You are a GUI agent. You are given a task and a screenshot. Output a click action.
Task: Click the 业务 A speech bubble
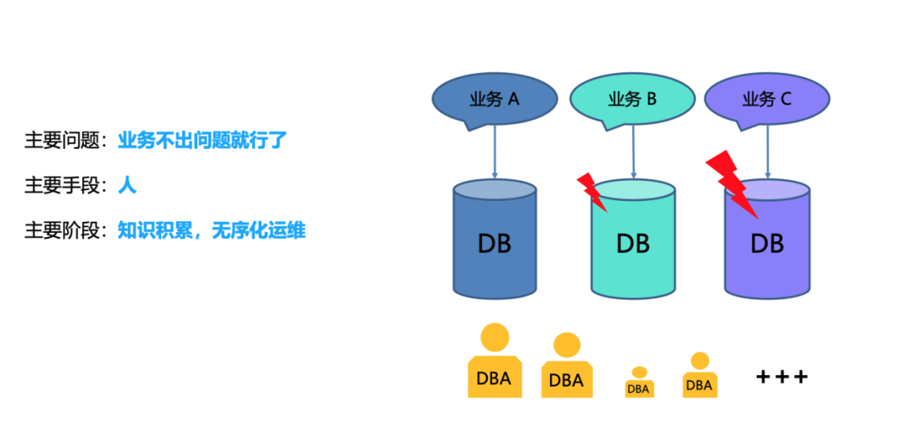pyautogui.click(x=495, y=99)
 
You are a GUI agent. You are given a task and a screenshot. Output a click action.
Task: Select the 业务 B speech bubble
pyautogui.click(x=632, y=99)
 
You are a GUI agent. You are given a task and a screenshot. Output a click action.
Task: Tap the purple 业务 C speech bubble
pyautogui.click(x=767, y=99)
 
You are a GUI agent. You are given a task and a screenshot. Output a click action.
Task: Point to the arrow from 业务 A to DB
pyautogui.click(x=495, y=151)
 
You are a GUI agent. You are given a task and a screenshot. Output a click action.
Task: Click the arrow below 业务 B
pyautogui.click(x=633, y=151)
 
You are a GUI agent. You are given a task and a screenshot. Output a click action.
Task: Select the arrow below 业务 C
pyautogui.click(x=768, y=151)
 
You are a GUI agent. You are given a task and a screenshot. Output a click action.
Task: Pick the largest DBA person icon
pyautogui.click(x=494, y=362)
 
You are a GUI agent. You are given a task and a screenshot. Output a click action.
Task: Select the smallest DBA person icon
pyautogui.click(x=639, y=383)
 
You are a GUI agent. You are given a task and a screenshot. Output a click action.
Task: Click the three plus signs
pyautogui.click(x=782, y=377)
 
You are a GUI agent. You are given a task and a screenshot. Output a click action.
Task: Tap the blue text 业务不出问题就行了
pyautogui.click(x=202, y=140)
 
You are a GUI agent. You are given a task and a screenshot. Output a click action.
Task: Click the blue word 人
pyautogui.click(x=127, y=185)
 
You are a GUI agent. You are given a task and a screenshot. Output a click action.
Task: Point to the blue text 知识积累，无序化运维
pyautogui.click(x=212, y=230)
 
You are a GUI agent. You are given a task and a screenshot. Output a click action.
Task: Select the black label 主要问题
pyautogui.click(x=62, y=140)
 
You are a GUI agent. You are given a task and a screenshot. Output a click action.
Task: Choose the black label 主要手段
pyautogui.click(x=62, y=185)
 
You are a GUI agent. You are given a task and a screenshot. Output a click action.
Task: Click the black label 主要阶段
pyautogui.click(x=62, y=230)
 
